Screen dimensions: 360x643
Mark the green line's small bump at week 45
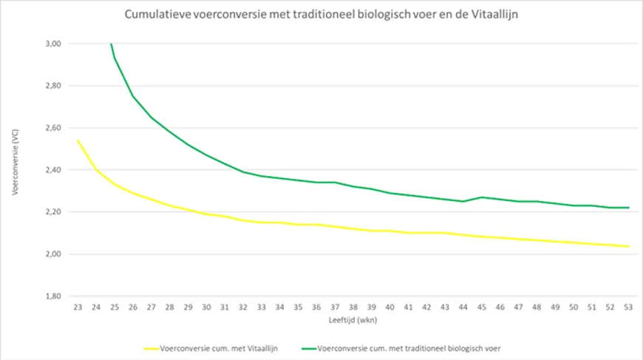coord(481,197)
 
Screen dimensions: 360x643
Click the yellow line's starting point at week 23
coord(78,140)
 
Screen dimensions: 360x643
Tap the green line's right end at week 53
coord(628,208)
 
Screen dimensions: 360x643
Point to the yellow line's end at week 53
coord(628,246)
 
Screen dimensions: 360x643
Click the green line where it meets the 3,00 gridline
coord(111,44)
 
